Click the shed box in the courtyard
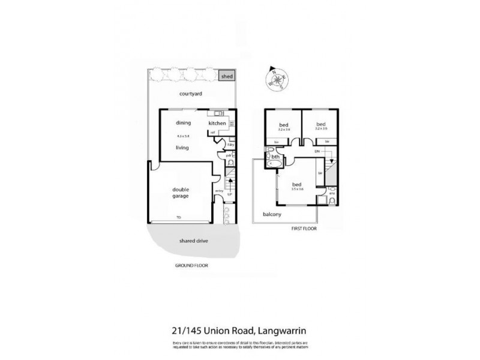pyautogui.click(x=226, y=77)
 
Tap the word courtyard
pyautogui.click(x=191, y=94)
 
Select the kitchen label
pyautogui.click(x=217, y=124)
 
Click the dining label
pyautogui.click(x=183, y=123)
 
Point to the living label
pyautogui.click(x=183, y=147)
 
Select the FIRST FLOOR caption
pyautogui.click(x=304, y=229)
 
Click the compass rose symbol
pyautogui.click(x=276, y=77)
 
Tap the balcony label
pyautogui.click(x=272, y=214)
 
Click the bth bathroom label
pyautogui.click(x=275, y=157)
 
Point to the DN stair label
pyautogui.click(x=316, y=151)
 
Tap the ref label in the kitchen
pyautogui.click(x=212, y=133)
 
